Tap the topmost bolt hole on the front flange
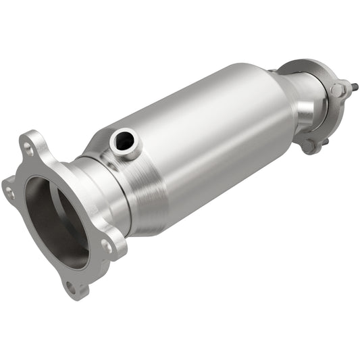coord(28,145)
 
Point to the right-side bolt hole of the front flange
coord(108,246)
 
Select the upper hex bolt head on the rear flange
coord(336,90)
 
